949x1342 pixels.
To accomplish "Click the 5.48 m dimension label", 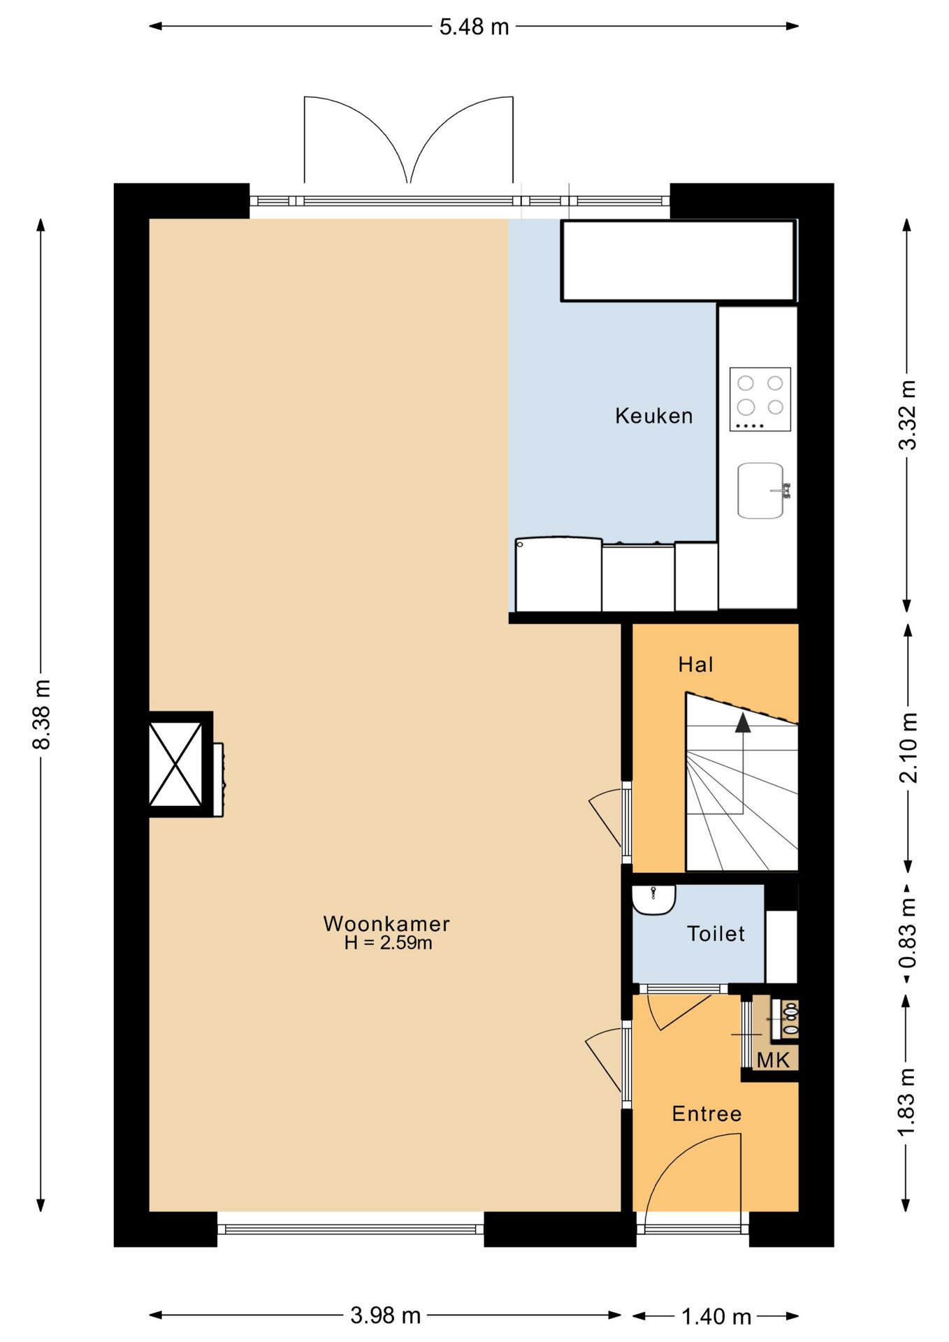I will (474, 27).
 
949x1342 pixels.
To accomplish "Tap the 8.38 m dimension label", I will (42, 714).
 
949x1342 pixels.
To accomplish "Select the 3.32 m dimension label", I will (907, 415).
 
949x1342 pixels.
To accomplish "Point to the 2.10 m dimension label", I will (908, 747).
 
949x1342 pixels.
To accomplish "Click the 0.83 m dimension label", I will (907, 933).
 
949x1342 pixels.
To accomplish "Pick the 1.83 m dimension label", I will (906, 1102).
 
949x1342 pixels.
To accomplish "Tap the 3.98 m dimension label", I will (385, 1316).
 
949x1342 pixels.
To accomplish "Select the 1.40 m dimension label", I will (716, 1318).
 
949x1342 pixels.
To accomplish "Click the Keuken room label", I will (653, 416).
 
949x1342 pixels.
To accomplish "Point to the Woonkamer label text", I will (386, 923).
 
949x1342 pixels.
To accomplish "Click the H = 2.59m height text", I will (388, 943).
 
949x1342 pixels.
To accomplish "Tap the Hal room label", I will (695, 664).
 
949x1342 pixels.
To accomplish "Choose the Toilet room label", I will (716, 934).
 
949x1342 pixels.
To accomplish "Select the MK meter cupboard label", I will (773, 1060).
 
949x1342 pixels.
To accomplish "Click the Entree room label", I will (707, 1113).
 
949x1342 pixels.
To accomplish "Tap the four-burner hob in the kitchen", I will (760, 399).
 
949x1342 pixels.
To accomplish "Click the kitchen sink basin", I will (760, 491).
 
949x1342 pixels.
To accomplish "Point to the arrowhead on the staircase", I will (743, 723).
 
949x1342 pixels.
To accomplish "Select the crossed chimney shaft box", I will (175, 764).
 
